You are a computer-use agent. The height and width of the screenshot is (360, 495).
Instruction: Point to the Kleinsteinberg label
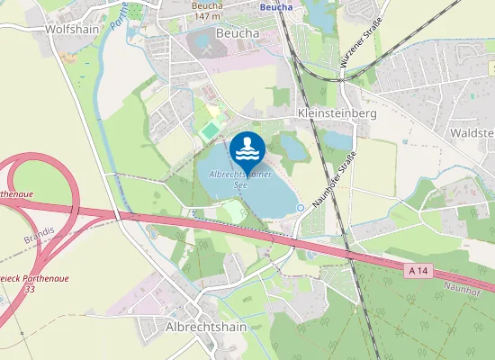[336, 115]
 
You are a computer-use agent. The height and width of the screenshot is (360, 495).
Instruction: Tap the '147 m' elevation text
[206, 16]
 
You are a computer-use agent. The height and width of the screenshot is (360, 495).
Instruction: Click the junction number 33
[30, 289]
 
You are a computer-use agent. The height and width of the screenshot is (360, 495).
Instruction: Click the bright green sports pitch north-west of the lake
[210, 131]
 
